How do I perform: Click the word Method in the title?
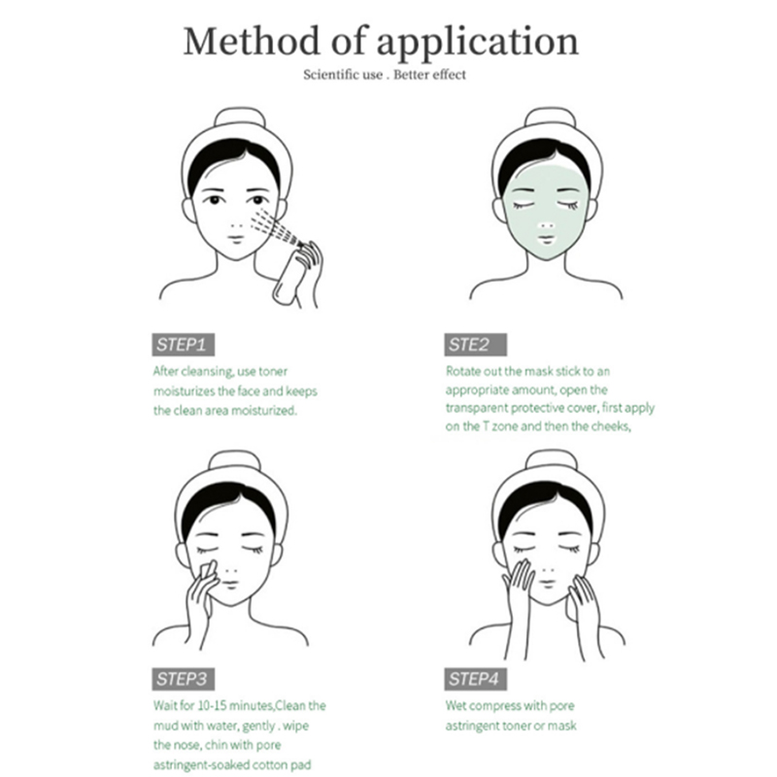252,41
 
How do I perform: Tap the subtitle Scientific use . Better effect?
385,75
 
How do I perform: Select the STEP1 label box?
183,345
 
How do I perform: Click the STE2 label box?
475,345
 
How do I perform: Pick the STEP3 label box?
183,679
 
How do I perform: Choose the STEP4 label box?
475,679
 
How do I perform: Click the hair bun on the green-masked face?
550,118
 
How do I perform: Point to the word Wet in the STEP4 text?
456,706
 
